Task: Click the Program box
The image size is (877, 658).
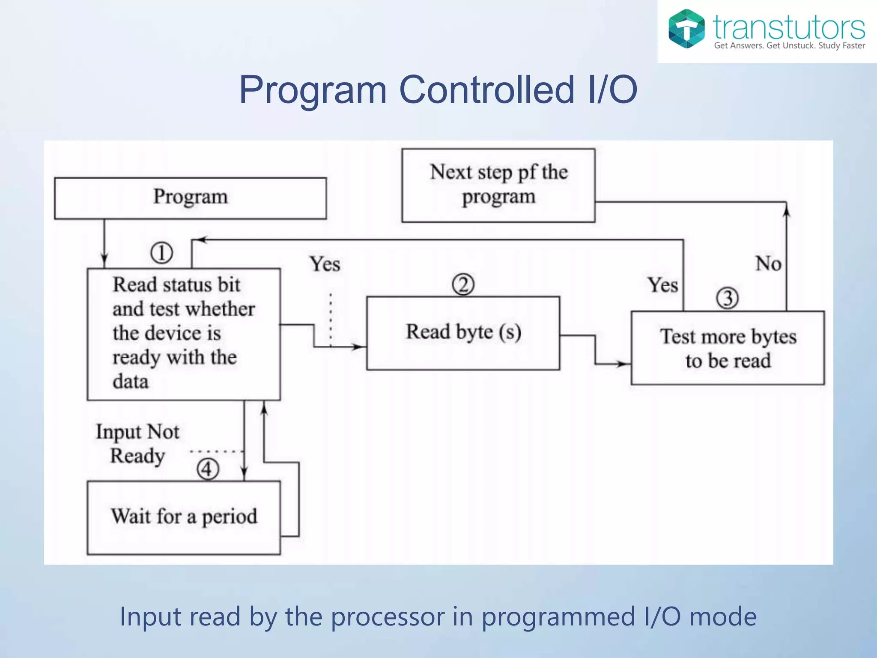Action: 190,198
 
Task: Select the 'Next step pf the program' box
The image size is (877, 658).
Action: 498,185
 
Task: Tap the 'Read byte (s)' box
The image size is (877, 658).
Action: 463,333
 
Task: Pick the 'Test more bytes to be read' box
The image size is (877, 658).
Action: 728,348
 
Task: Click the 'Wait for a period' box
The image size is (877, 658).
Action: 184,517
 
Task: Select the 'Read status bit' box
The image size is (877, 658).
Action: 184,334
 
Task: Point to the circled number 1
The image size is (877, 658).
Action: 161,253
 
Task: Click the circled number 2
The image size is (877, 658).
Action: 463,285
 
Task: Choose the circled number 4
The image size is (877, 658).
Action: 208,469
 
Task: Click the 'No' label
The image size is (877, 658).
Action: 768,263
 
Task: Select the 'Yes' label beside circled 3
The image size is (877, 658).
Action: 662,285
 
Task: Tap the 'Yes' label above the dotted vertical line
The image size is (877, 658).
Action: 325,264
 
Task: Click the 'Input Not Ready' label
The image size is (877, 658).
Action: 137,444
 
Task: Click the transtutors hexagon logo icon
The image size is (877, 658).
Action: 686,29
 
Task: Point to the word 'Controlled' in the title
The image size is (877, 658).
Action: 486,90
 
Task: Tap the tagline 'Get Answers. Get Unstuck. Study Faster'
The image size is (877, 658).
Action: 789,46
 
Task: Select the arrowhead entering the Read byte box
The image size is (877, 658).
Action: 359,347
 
